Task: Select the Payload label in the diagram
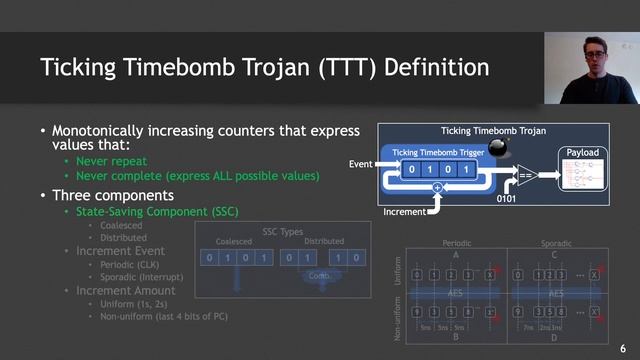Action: point(582,152)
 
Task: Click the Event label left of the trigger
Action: point(360,162)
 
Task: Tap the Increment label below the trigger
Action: point(405,212)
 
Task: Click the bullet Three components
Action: point(112,194)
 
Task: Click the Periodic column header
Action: point(455,243)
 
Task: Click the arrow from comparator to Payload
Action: point(546,175)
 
